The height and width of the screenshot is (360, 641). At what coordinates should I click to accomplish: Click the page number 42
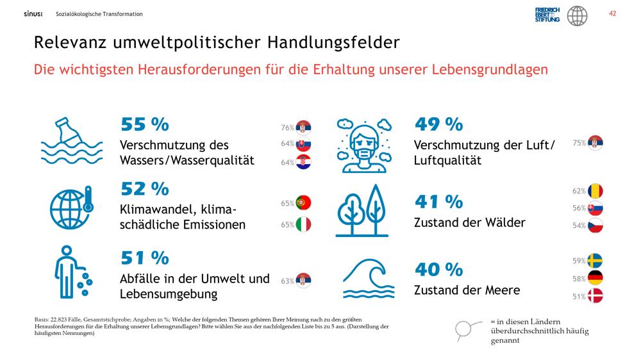(612, 13)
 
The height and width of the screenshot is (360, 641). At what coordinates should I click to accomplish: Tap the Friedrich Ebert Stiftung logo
(547, 15)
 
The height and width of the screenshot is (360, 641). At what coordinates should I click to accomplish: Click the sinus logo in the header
(33, 14)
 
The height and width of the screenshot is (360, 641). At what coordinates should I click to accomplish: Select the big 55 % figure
(145, 124)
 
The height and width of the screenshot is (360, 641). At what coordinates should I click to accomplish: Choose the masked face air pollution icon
(364, 145)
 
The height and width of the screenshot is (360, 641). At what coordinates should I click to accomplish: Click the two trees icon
(362, 211)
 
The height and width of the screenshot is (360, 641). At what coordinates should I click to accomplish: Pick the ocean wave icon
(369, 278)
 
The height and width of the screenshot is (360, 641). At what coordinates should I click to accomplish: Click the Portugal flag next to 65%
(303, 202)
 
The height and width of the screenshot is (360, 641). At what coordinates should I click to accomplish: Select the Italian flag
(303, 224)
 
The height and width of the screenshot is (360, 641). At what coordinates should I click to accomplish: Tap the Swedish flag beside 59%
(595, 260)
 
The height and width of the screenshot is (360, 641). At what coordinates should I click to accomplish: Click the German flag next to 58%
(595, 278)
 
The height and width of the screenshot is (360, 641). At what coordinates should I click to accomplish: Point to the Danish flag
(595, 296)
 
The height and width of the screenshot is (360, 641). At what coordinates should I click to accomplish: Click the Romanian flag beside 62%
(595, 191)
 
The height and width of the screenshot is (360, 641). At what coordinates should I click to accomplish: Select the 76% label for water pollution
(287, 127)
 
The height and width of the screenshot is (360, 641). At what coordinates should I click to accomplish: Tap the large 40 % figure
(438, 269)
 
